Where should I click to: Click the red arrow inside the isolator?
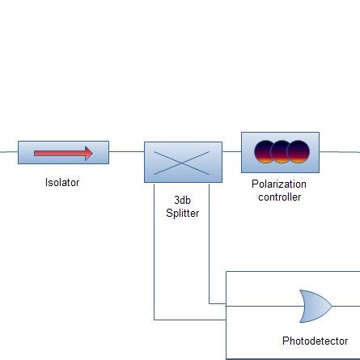tap(63, 152)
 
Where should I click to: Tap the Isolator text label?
tap(62, 183)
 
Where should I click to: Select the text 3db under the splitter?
tap(183, 200)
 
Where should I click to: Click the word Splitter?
tap(183, 214)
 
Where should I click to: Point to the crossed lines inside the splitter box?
tap(183, 165)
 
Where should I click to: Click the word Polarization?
tap(279, 184)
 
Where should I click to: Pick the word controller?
tap(279, 197)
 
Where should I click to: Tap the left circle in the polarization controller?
tap(265, 151)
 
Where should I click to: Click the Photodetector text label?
tap(316, 341)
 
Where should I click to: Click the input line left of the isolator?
tap(8, 151)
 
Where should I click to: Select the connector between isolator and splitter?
tap(126, 151)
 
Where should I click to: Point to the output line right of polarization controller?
tap(340, 151)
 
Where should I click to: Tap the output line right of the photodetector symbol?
tap(346, 307)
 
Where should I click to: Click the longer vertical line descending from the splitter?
tap(154, 251)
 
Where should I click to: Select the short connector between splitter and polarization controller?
tap(232, 151)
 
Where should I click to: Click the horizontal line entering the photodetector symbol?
tap(263, 307)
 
